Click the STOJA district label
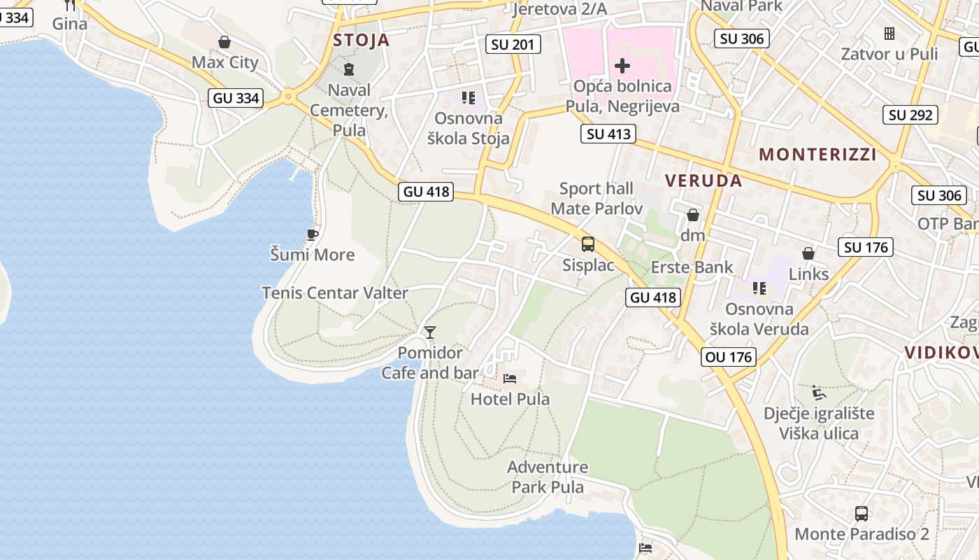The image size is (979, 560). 361,40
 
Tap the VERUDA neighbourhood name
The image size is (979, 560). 703,181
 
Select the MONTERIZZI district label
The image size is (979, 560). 817,154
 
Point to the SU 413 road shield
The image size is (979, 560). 608,134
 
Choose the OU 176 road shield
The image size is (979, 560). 729,357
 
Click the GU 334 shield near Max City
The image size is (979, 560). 236,98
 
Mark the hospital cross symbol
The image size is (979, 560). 622,66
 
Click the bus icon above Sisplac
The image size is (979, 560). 588,244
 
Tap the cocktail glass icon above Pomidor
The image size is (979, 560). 430,332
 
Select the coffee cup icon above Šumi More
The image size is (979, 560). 312,234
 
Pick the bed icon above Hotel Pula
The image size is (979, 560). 510,379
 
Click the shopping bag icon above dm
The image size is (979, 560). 693,215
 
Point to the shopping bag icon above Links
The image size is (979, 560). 808,253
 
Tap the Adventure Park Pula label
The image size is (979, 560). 548,477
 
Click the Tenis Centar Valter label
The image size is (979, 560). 334,293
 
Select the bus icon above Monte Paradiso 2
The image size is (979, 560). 862,514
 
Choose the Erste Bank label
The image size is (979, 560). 692,267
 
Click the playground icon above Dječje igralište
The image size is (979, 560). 818,392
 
